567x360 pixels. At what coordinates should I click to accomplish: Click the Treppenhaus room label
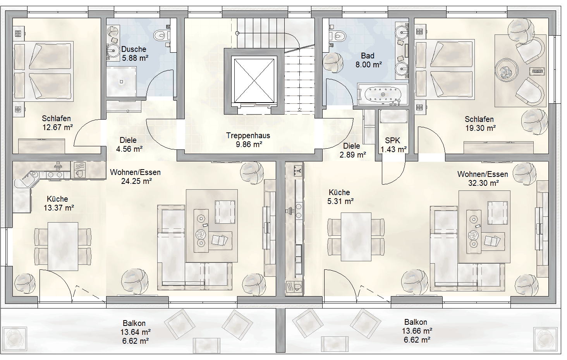point(248,135)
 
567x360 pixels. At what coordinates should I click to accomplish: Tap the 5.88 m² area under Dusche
point(135,58)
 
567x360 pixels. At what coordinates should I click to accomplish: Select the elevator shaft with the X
point(254,81)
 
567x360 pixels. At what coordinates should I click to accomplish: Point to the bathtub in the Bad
point(383,94)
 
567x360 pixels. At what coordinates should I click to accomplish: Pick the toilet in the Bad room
point(338,36)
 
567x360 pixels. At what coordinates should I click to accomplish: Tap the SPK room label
point(393,141)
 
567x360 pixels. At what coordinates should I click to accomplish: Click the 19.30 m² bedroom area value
point(480,128)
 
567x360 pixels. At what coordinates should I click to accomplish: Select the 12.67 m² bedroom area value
point(57,127)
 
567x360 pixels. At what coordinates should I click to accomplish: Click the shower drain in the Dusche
point(122,82)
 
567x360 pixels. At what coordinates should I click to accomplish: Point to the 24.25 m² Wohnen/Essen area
point(136,181)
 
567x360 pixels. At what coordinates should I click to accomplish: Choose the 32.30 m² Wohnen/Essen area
point(483,183)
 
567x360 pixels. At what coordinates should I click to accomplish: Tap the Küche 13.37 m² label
point(58,203)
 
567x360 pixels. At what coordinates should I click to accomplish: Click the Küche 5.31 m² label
point(340,197)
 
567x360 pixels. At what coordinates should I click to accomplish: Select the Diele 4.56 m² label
point(129,144)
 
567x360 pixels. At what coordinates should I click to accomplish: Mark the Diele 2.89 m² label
point(352,150)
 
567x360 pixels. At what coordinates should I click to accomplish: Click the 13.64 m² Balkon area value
point(136,332)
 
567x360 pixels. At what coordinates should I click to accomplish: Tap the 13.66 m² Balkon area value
point(417,331)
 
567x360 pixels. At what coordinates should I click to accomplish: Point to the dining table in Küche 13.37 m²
point(63,247)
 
